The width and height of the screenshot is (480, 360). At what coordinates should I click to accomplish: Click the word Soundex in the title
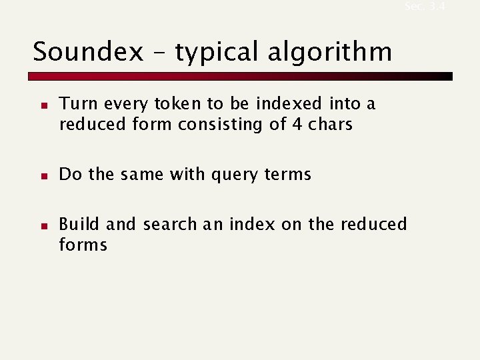point(87,51)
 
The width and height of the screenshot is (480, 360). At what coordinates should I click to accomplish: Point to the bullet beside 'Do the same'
point(41,176)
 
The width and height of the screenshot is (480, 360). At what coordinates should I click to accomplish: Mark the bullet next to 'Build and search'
point(41,226)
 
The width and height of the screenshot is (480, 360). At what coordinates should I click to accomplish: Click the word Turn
point(75,104)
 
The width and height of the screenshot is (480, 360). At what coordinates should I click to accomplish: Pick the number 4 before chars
point(297,124)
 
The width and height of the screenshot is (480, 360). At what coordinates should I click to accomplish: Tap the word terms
point(287,175)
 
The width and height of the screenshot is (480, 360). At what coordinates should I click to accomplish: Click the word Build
point(79,224)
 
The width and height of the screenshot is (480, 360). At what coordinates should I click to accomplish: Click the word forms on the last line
point(83,245)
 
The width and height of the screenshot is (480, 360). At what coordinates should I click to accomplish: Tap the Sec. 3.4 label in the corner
point(424,6)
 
